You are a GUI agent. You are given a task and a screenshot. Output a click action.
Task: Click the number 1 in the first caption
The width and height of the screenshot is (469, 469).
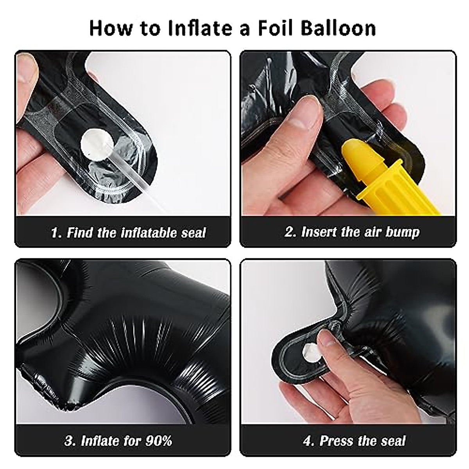click(55, 233)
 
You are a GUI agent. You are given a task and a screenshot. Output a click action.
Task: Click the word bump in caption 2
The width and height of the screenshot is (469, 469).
click(402, 232)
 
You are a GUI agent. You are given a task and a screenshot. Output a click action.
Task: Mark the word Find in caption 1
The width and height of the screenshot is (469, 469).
click(81, 233)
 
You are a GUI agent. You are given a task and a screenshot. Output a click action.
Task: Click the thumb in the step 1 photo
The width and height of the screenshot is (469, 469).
click(27, 74)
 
